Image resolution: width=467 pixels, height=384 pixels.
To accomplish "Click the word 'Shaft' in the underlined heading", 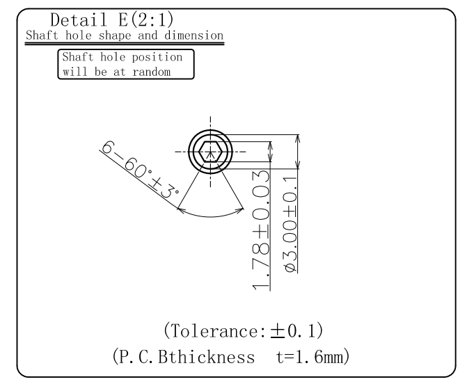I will tap(40, 35).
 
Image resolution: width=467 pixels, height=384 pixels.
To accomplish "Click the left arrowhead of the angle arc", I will tap(181, 206).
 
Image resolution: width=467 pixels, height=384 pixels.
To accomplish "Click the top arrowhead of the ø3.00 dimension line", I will tap(298, 138).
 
